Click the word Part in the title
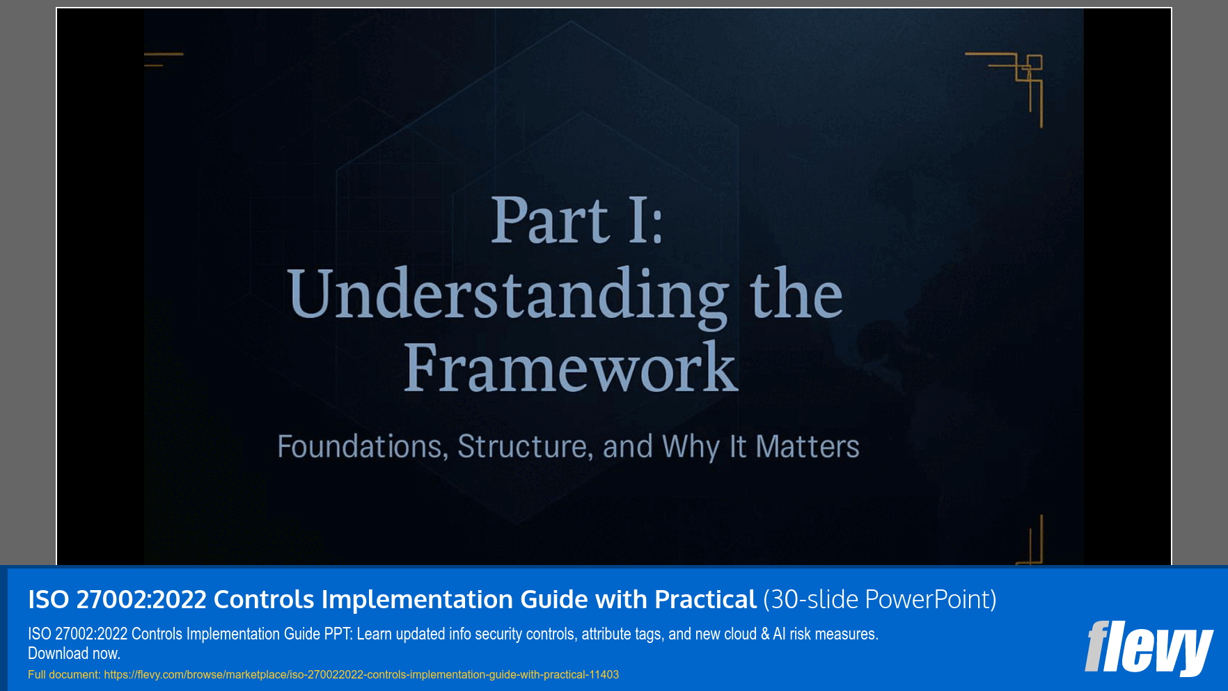tap(550, 221)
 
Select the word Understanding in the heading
tap(507, 295)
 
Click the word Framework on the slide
tap(570, 368)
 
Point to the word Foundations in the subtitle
tap(362, 447)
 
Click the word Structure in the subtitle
tap(524, 447)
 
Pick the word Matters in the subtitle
tap(808, 447)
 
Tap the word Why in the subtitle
tap(691, 447)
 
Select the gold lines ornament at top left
tap(164, 59)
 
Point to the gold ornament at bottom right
tap(1032, 543)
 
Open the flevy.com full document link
tap(361, 674)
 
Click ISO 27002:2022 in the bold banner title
tap(117, 599)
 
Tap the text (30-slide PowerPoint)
tap(880, 599)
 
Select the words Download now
tap(74, 653)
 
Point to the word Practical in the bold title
tap(705, 599)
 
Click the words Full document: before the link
tap(64, 674)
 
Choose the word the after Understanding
tap(796, 295)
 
